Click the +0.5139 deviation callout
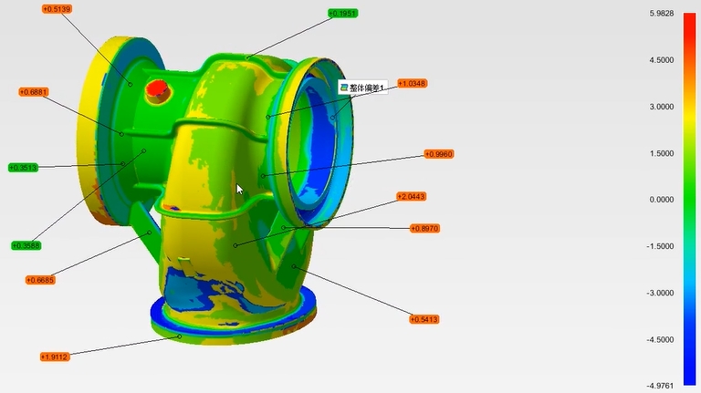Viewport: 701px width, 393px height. (x=57, y=9)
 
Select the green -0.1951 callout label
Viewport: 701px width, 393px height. (x=343, y=14)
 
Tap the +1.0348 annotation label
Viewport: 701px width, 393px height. (x=412, y=83)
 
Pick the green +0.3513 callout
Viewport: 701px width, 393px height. (x=23, y=167)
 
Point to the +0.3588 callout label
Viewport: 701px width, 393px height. (x=26, y=245)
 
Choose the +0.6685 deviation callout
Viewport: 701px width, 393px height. (x=40, y=280)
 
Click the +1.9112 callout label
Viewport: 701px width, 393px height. (x=55, y=357)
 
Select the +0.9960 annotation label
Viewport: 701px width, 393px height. (x=439, y=154)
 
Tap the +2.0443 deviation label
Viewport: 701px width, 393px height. (x=411, y=196)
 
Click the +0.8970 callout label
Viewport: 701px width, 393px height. (x=424, y=228)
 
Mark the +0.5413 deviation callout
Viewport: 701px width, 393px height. (x=424, y=319)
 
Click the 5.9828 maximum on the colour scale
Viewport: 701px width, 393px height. (x=661, y=14)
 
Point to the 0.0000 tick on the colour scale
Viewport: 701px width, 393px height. (x=661, y=200)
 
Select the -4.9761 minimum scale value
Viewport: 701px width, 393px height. (x=661, y=386)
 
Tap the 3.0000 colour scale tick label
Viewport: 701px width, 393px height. (x=661, y=107)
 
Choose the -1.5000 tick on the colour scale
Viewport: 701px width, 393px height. (x=661, y=246)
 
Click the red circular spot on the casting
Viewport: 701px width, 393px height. (x=157, y=88)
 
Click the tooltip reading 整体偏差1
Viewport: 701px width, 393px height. (x=363, y=88)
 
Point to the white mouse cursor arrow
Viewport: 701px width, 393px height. (x=239, y=189)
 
